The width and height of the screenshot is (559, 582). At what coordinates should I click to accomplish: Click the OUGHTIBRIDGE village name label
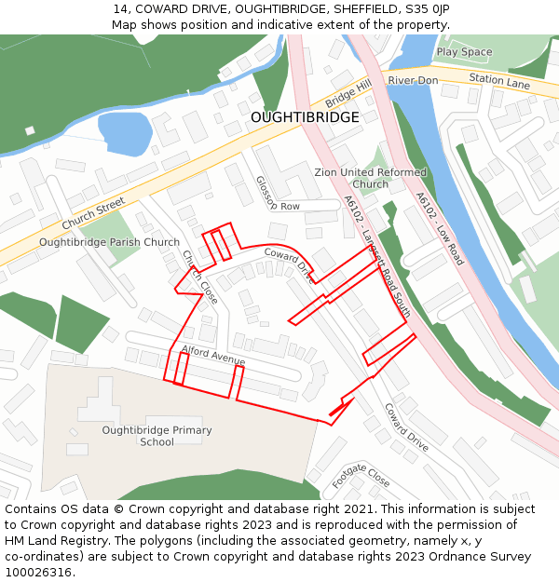tap(304, 117)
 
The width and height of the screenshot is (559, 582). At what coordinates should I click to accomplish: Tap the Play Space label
tap(464, 52)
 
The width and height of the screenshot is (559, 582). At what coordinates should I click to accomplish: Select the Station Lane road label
tap(498, 82)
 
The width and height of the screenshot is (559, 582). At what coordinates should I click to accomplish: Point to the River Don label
tap(413, 81)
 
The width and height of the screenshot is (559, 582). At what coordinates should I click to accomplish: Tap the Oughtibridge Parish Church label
tap(109, 243)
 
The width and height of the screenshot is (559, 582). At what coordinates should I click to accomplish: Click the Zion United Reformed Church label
tap(370, 178)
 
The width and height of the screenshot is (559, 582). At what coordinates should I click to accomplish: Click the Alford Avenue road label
tap(213, 355)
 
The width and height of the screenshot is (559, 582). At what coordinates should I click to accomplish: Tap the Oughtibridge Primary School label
tap(157, 436)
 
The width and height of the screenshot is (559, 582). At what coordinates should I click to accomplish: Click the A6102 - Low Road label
tap(439, 229)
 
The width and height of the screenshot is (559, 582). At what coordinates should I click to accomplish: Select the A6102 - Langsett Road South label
tap(376, 256)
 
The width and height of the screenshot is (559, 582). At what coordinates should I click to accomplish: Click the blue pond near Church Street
tap(124, 133)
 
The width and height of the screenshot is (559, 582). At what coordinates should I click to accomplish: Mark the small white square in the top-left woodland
tap(30, 130)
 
